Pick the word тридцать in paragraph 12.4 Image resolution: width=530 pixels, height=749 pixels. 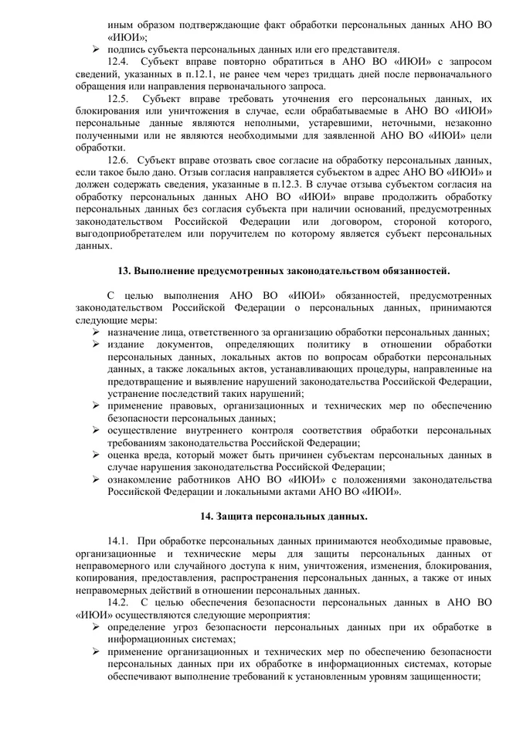[x=286, y=74]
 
